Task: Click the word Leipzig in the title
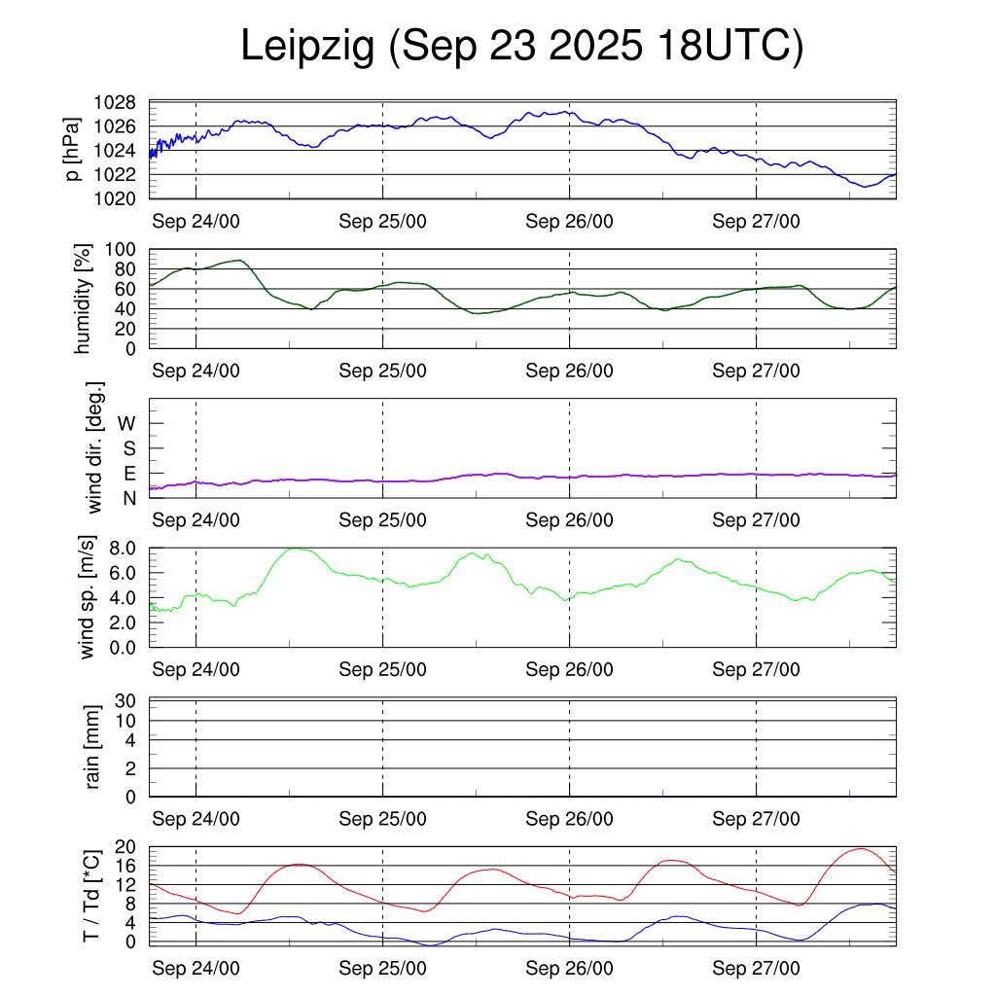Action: [306, 47]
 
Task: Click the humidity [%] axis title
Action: [84, 299]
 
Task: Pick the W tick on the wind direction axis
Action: [127, 423]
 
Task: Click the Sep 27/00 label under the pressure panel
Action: [756, 221]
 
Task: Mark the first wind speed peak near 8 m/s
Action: [297, 549]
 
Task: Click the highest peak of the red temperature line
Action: [860, 848]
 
